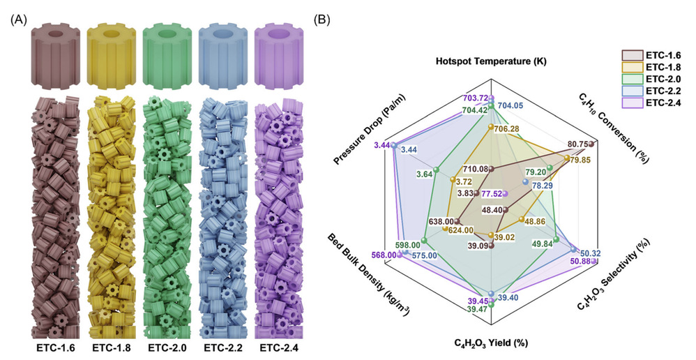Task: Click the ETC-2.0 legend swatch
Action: click(x=633, y=79)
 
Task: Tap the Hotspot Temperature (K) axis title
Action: click(x=491, y=61)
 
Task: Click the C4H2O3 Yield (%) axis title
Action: click(x=491, y=343)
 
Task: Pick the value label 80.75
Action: click(x=579, y=144)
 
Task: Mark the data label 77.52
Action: click(x=490, y=193)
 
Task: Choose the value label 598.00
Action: click(x=407, y=245)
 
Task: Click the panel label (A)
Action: click(x=18, y=20)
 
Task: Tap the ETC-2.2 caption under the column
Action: click(x=223, y=347)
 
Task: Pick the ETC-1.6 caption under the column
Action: click(x=56, y=347)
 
